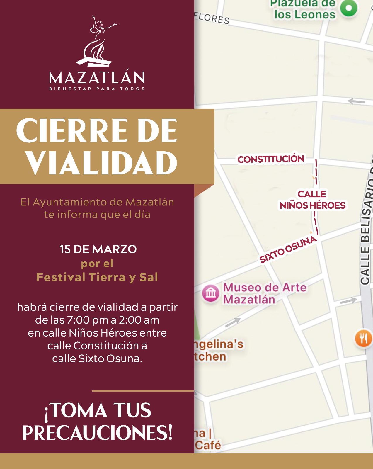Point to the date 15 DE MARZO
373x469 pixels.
[x=98, y=249]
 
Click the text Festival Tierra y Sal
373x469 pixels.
[x=97, y=277]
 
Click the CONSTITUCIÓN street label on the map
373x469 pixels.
[x=271, y=159]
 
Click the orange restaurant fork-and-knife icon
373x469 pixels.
[x=363, y=338]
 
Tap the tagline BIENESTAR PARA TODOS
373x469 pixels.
[x=97, y=89]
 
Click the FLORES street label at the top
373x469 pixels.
[x=212, y=18]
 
